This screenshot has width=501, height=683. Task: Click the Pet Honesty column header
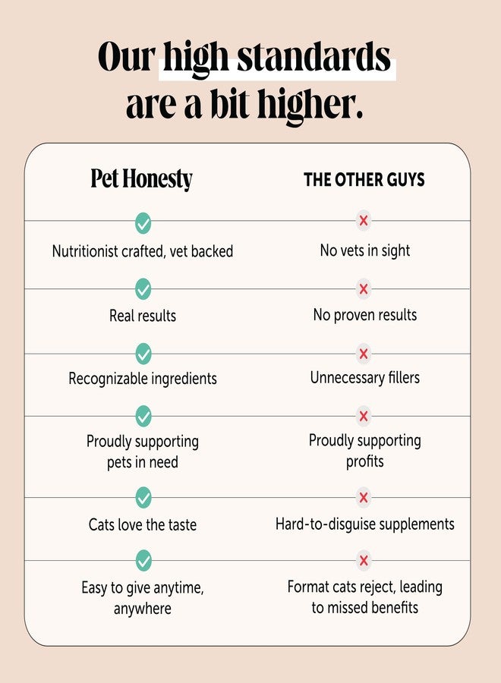pyautogui.click(x=142, y=179)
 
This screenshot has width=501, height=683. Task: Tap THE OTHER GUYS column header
pyautogui.click(x=364, y=179)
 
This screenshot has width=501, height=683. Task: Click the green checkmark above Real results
pyautogui.click(x=143, y=289)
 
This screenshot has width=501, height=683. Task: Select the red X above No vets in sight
pyautogui.click(x=364, y=220)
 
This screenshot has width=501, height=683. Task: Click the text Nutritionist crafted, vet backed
pyautogui.click(x=143, y=251)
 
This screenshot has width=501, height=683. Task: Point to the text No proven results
pyautogui.click(x=364, y=315)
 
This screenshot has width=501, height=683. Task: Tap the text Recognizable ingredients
pyautogui.click(x=143, y=379)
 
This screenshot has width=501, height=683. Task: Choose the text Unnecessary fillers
pyautogui.click(x=364, y=378)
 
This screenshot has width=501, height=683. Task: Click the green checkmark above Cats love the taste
pyautogui.click(x=143, y=497)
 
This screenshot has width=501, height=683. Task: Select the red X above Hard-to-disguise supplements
pyautogui.click(x=364, y=497)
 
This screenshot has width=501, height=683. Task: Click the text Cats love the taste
pyautogui.click(x=143, y=524)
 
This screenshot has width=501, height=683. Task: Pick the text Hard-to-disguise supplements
pyautogui.click(x=364, y=524)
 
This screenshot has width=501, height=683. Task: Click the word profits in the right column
pyautogui.click(x=364, y=461)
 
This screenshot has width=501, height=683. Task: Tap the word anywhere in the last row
pyautogui.click(x=143, y=609)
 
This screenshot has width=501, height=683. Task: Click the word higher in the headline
pyautogui.click(x=310, y=105)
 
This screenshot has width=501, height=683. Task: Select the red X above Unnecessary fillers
pyautogui.click(x=364, y=354)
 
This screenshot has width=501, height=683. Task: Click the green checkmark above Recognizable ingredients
pyautogui.click(x=143, y=354)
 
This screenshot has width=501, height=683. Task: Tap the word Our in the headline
pyautogui.click(x=126, y=58)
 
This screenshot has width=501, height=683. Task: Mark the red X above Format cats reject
pyautogui.click(x=364, y=560)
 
